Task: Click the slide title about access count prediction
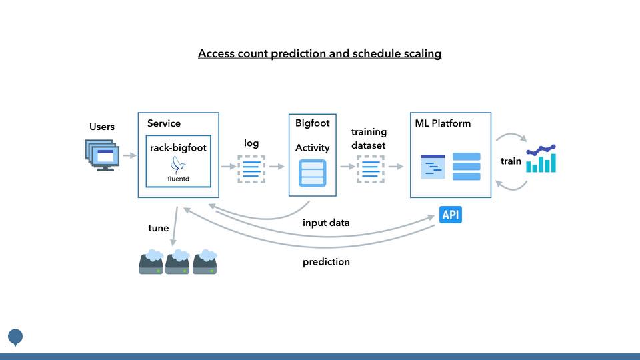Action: click(319, 53)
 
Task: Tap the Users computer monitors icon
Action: click(101, 154)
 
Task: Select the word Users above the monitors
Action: click(102, 127)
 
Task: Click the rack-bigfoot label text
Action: click(178, 148)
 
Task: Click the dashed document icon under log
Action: click(251, 169)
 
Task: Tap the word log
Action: click(251, 143)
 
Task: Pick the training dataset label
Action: click(369, 138)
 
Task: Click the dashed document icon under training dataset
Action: click(370, 169)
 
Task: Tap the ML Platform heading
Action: click(443, 123)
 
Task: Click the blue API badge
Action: click(451, 215)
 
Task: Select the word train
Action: click(511, 161)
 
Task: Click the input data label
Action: click(326, 223)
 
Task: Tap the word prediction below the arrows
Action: click(326, 262)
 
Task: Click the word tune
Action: click(158, 228)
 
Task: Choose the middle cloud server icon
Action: click(177, 262)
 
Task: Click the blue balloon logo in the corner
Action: click(15, 337)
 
